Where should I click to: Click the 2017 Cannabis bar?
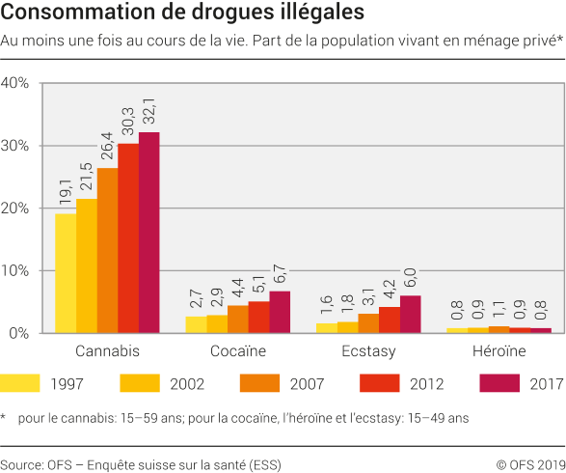148,233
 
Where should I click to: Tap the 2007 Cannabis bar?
107,250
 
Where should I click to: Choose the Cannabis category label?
107,350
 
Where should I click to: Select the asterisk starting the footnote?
4,417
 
